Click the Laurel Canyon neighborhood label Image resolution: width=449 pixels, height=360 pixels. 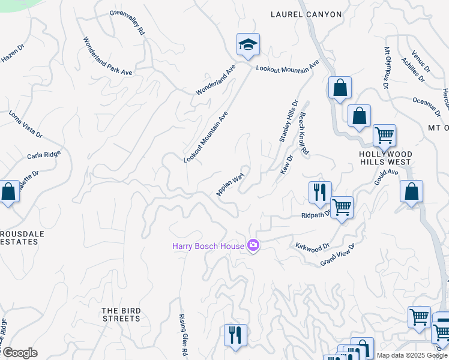tap(306, 14)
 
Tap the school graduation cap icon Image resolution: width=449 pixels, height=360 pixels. tap(248, 44)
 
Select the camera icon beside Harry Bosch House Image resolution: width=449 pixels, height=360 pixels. tap(253, 245)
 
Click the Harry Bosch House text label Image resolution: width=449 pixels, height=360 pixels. tap(208, 246)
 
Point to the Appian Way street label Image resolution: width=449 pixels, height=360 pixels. tap(231, 185)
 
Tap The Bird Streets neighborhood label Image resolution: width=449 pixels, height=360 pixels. tap(121, 314)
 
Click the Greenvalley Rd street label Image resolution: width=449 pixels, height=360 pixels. tap(127, 22)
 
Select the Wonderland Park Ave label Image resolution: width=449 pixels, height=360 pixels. tap(107, 56)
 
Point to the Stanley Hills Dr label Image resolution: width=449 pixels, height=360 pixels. tap(288, 121)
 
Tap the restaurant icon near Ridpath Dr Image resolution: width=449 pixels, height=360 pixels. tap(319, 192)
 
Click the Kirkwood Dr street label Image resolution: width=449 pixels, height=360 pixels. tap(312, 246)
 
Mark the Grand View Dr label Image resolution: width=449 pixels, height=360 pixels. tap(338, 254)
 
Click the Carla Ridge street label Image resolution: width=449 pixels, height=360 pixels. tap(44, 155)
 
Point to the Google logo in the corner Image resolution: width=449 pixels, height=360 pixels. tap(20, 353)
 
